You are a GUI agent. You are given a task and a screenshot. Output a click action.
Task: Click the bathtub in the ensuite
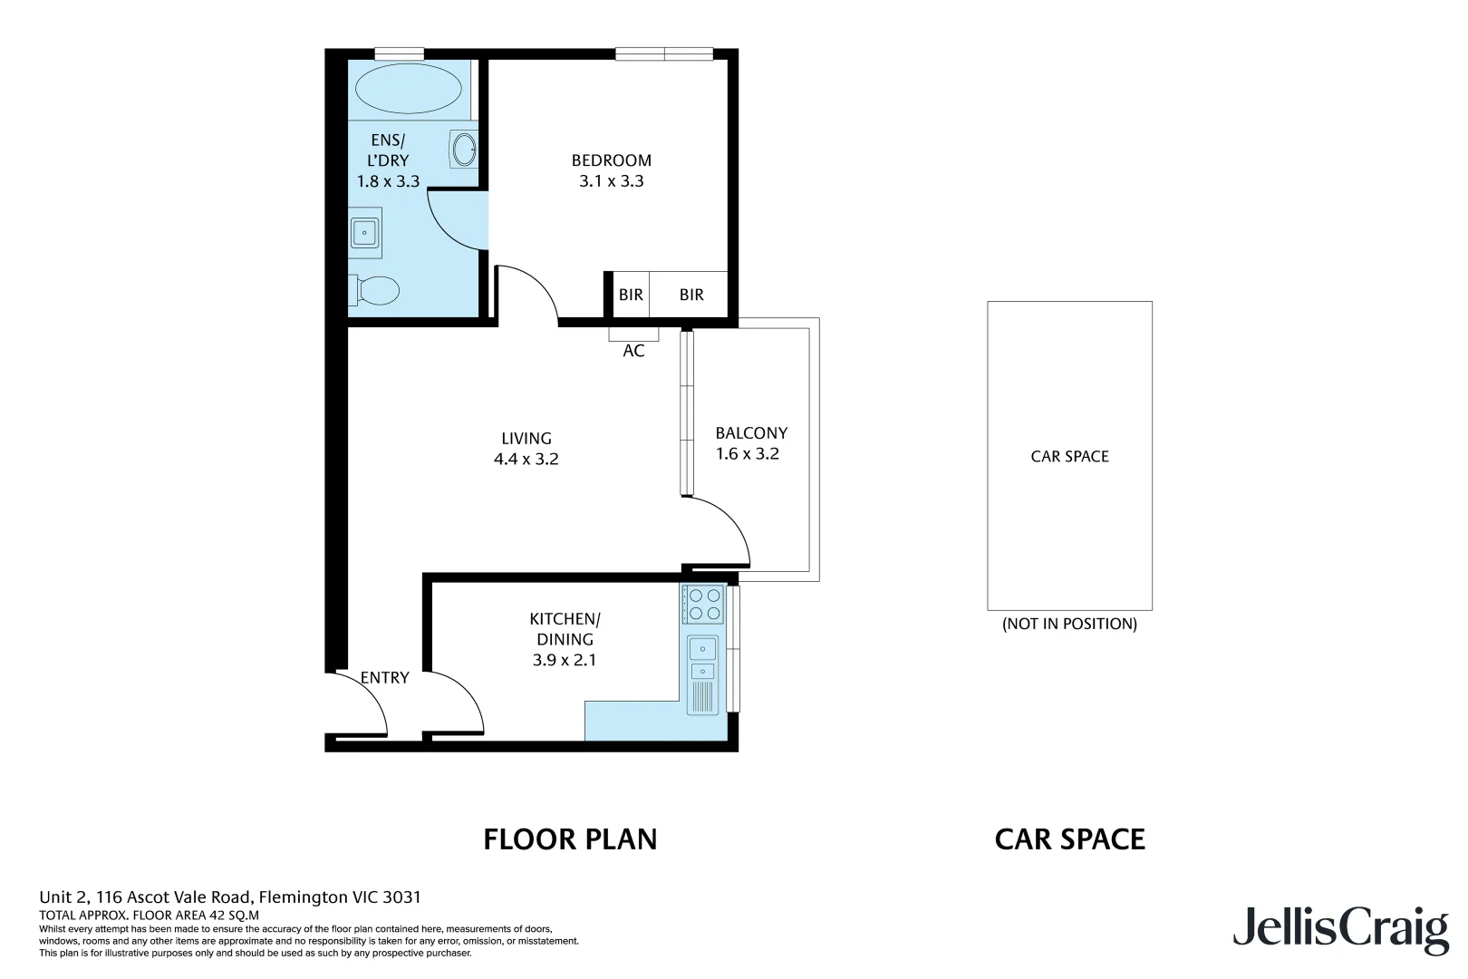pyautogui.click(x=409, y=89)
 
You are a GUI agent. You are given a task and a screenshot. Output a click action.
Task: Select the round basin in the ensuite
pyautogui.click(x=464, y=149)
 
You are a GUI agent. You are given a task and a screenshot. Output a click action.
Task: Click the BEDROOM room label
pyautogui.click(x=611, y=160)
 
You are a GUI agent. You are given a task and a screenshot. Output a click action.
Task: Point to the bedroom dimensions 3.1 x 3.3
pyautogui.click(x=611, y=181)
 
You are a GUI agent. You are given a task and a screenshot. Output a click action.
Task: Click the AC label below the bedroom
pyautogui.click(x=633, y=351)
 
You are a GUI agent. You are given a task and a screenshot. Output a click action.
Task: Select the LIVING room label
pyautogui.click(x=526, y=438)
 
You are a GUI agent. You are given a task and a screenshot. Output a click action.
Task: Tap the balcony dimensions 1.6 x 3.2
pyautogui.click(x=747, y=454)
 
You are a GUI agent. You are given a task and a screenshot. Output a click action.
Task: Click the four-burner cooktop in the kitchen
pyautogui.click(x=704, y=605)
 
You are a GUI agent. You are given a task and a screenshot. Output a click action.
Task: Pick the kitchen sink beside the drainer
pyautogui.click(x=702, y=649)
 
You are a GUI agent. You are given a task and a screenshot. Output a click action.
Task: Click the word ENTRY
pyautogui.click(x=384, y=678)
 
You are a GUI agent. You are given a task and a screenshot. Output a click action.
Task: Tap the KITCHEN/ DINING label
pyautogui.click(x=565, y=629)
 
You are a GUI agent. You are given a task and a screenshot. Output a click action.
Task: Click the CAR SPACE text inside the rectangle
pyautogui.click(x=1069, y=457)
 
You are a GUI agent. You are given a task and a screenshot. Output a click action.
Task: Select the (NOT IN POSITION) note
pyautogui.click(x=1069, y=624)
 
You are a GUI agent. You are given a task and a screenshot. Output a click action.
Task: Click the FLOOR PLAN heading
pyautogui.click(x=570, y=839)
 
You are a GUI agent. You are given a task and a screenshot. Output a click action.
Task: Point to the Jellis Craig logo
pyautogui.click(x=1339, y=929)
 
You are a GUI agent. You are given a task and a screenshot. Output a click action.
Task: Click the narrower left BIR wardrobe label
pyautogui.click(x=631, y=295)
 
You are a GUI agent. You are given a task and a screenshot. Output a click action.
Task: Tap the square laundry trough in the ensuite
pyautogui.click(x=365, y=233)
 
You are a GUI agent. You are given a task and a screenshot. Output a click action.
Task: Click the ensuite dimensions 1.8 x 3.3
pyautogui.click(x=388, y=181)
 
